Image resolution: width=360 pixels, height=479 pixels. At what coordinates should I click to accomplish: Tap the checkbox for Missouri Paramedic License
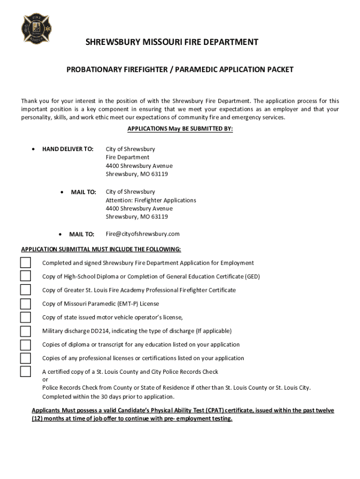(25, 304)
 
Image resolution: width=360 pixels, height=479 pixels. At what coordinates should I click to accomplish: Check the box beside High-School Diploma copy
(25, 276)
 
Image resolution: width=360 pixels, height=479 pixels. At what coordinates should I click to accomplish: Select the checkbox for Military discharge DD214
(25, 331)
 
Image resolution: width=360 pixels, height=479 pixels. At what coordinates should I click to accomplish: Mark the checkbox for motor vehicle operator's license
(25, 317)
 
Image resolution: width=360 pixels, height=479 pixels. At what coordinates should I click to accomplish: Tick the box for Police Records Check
(25, 372)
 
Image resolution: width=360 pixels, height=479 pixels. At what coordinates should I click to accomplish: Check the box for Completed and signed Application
(25, 263)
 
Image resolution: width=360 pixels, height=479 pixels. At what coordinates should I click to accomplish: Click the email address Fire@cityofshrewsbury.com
(143, 234)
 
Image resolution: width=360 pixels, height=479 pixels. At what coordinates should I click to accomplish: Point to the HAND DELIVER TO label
(68, 149)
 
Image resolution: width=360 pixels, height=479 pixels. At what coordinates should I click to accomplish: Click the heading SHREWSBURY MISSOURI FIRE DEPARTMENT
(172, 43)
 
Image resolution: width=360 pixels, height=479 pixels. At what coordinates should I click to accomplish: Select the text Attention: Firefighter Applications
(151, 200)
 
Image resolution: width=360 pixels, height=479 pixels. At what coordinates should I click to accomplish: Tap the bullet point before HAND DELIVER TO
(32, 149)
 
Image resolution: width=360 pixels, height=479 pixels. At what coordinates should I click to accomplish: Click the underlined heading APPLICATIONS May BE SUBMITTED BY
(180, 129)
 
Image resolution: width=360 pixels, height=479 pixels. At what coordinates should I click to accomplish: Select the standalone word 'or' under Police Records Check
(45, 380)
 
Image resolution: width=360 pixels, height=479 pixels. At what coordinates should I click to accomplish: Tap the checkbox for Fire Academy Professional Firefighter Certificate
(25, 290)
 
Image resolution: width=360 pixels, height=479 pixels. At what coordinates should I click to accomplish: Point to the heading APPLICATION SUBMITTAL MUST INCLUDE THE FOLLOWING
(101, 249)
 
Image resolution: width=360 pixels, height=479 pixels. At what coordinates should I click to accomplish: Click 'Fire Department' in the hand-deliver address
(127, 158)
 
